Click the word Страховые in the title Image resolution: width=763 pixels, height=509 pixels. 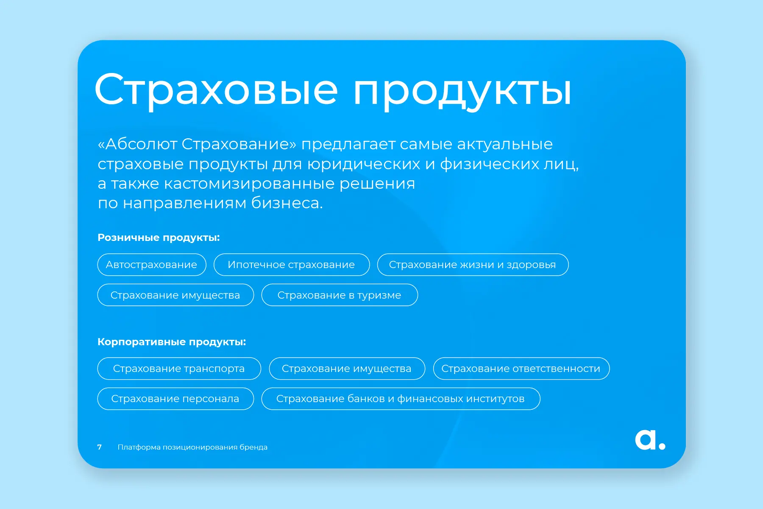tap(216, 90)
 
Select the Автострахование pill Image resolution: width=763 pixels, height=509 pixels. tap(152, 265)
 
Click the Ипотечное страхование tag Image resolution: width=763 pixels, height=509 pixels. tap(292, 265)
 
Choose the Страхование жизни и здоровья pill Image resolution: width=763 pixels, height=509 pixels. tap(473, 265)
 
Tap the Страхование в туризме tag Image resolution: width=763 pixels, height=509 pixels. tap(340, 295)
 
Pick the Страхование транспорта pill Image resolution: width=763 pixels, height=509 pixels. tap(179, 369)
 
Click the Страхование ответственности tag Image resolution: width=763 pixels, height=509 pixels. tap(521, 369)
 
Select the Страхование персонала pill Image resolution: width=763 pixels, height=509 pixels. tap(175, 399)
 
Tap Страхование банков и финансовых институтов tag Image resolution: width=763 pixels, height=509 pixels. tap(401, 399)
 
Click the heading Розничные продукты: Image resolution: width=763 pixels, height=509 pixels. tap(159, 238)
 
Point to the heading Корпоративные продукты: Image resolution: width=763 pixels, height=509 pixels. tap(172, 342)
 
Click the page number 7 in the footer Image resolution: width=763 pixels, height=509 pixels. tap(100, 447)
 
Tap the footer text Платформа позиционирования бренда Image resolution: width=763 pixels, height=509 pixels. tap(192, 447)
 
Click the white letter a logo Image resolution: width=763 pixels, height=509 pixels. tap(645, 440)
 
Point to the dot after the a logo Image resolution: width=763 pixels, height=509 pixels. tap(662, 445)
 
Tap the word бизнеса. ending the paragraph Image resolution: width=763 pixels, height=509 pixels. tap(287, 203)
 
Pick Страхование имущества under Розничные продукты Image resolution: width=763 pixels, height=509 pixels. tap(175, 295)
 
